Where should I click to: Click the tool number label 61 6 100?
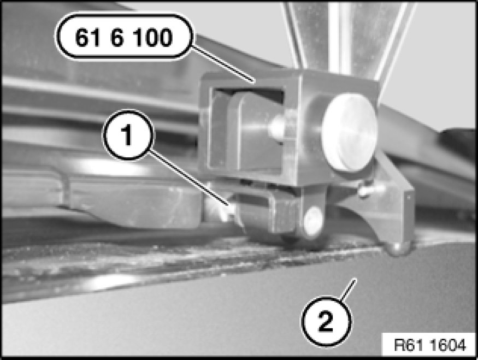[124, 37]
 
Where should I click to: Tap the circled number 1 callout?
[128, 135]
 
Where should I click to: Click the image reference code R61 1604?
[430, 345]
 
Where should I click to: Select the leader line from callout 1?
[189, 178]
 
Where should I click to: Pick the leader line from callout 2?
[348, 289]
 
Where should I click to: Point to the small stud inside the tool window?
[276, 127]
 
